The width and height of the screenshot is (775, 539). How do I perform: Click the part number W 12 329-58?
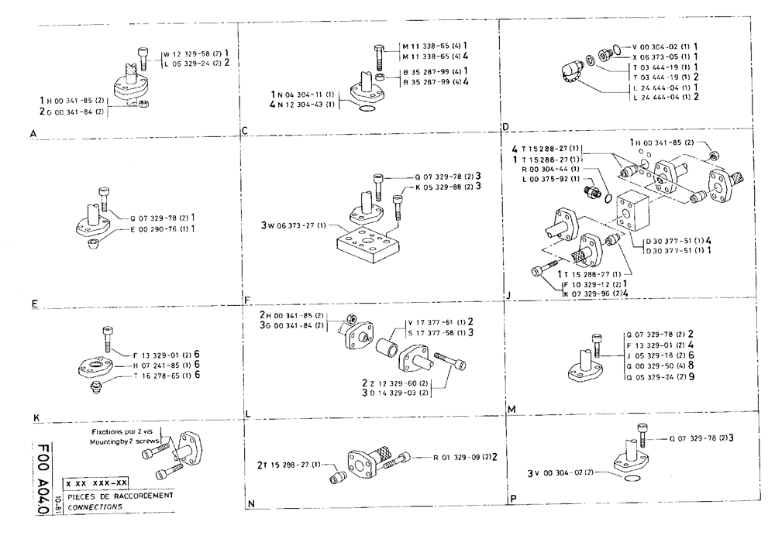click(x=190, y=54)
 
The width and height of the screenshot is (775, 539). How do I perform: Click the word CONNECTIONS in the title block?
click(x=91, y=506)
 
